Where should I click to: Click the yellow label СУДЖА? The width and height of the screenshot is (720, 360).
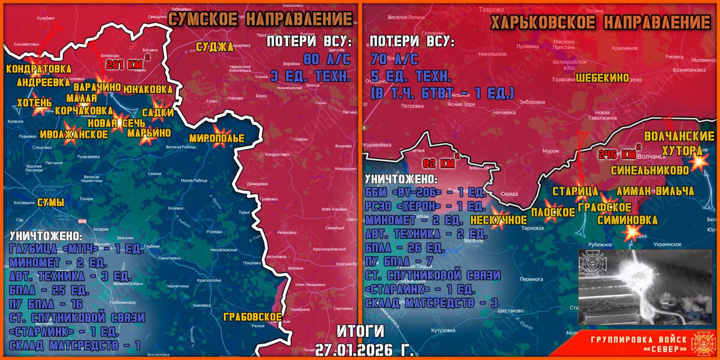pos(214,47)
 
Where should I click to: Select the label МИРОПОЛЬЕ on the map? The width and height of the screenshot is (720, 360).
pos(217,138)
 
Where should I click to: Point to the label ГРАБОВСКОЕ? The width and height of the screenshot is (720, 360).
pos(253,317)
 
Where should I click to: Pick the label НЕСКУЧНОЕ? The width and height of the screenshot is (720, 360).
pos(498,219)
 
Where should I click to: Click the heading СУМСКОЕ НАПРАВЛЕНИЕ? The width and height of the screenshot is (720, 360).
pos(261,19)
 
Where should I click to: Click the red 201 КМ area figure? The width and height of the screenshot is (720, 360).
pos(124,64)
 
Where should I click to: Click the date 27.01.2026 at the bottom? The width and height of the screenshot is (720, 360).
pos(364,349)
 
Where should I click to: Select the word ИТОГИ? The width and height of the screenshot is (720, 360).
pos(361,331)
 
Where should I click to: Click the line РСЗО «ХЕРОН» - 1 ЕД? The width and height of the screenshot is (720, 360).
pos(425,206)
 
